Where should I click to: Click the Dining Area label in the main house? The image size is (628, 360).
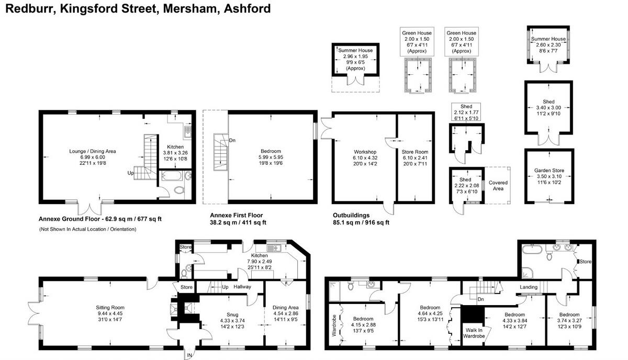click(285, 307)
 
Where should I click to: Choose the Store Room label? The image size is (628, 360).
click(414, 152)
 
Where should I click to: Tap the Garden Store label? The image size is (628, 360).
click(549, 171)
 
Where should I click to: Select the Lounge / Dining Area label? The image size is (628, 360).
click(93, 151)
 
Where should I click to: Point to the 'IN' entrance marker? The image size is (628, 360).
click(189, 355)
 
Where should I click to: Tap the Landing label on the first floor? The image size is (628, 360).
click(529, 287)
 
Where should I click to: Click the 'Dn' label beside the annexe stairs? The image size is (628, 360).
click(232, 140)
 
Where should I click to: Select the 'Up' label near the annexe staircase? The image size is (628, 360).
click(130, 172)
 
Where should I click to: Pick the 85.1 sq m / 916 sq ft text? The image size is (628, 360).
click(361, 222)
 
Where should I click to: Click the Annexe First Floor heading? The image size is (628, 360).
click(236, 215)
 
